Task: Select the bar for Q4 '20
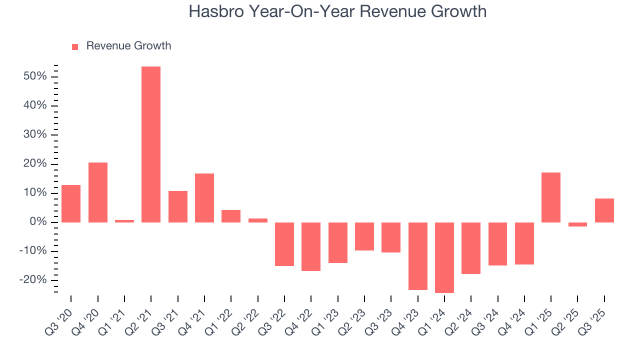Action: click(98, 192)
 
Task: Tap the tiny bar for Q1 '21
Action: click(124, 221)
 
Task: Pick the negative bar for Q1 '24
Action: click(444, 257)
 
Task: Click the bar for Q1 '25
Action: click(551, 197)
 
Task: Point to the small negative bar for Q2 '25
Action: click(577, 224)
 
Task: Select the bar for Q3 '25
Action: click(604, 210)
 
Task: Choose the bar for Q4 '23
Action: click(417, 256)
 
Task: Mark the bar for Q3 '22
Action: click(284, 244)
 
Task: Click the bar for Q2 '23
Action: click(364, 236)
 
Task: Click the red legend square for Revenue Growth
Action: click(75, 46)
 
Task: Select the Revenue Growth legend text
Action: click(128, 46)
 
